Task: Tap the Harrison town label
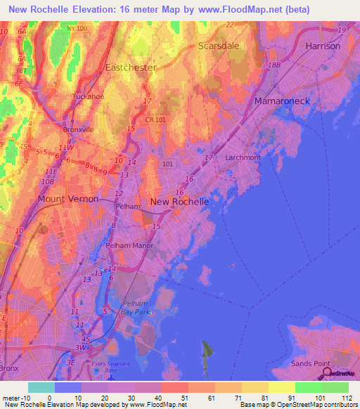(323, 46)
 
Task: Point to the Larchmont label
(243, 157)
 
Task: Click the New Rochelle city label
(179, 202)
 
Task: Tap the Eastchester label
(130, 68)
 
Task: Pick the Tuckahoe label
(89, 96)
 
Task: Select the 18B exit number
(274, 65)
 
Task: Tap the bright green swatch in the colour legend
(309, 387)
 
